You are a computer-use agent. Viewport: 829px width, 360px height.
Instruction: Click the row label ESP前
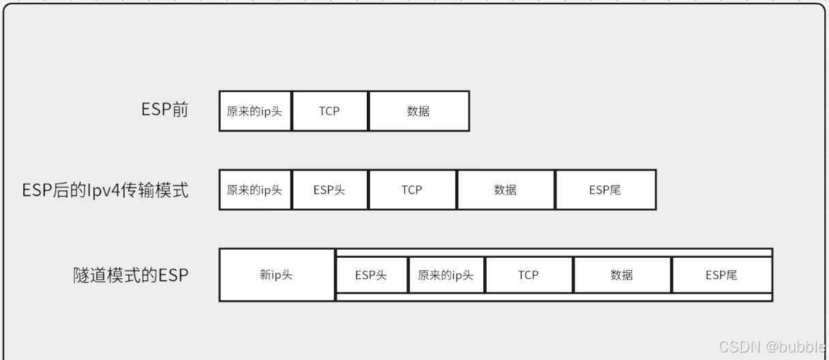[x=164, y=110]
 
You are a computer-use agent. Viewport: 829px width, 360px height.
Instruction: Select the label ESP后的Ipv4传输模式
[x=105, y=190]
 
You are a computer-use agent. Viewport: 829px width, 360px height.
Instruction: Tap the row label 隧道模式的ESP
[x=130, y=275]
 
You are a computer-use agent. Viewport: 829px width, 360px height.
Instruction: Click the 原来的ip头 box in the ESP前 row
[x=255, y=111]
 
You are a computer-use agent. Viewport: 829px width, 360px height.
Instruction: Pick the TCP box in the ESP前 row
[x=330, y=111]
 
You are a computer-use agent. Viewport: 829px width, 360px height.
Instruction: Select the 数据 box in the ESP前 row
[x=419, y=111]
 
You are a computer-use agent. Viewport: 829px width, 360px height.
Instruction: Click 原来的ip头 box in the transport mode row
[x=255, y=190]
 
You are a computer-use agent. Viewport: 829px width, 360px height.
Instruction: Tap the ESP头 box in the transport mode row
[x=330, y=190]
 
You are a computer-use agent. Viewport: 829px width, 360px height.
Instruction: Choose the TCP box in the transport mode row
[x=412, y=190]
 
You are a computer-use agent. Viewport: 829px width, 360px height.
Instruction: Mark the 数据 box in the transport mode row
[x=506, y=190]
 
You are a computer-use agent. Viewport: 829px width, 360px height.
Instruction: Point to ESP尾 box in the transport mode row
[x=605, y=190]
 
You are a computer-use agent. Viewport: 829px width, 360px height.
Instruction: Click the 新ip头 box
[x=277, y=275]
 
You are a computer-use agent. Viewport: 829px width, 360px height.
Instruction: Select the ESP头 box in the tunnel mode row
[x=372, y=275]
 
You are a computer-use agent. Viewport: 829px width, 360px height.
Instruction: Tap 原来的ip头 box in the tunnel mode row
[x=446, y=275]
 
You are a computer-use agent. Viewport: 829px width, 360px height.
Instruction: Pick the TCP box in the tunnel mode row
[x=528, y=275]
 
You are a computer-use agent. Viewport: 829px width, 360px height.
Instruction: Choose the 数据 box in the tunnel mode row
[x=622, y=275]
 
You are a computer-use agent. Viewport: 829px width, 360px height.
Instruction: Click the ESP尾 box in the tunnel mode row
[x=722, y=275]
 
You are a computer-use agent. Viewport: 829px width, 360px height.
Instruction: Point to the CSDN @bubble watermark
[x=772, y=346]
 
